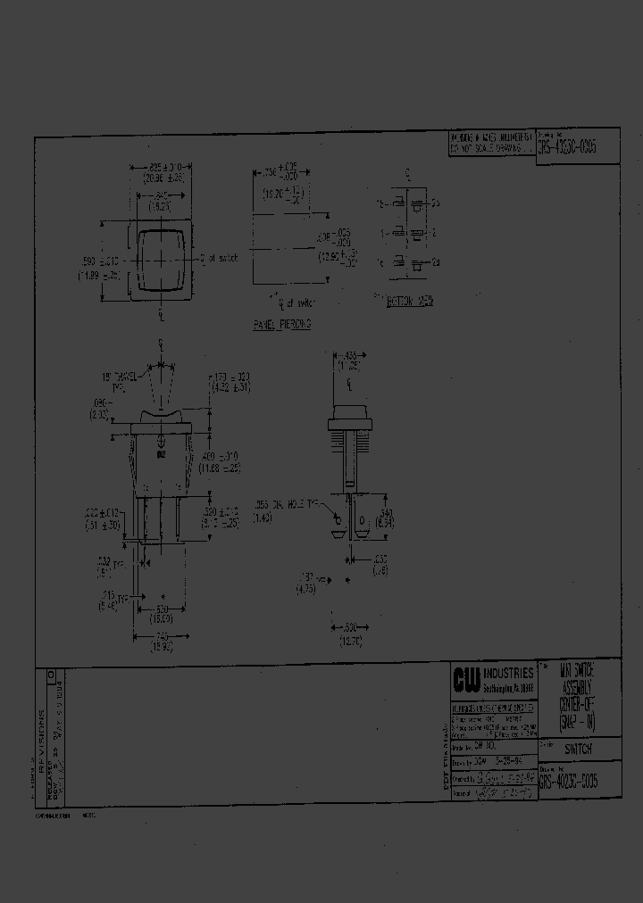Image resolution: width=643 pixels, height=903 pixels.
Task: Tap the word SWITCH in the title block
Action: click(578, 750)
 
